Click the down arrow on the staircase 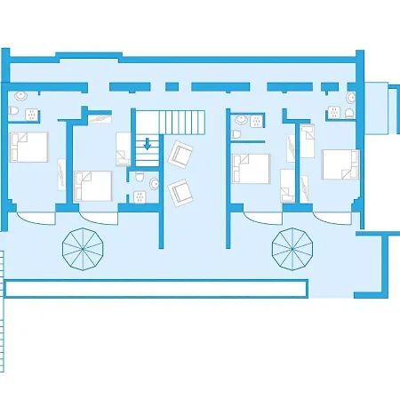click(x=148, y=144)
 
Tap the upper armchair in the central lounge click(x=181, y=155)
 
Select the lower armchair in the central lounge click(x=181, y=189)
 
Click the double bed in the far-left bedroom click(x=28, y=147)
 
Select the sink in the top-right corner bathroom click(x=351, y=97)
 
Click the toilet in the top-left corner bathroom click(x=12, y=110)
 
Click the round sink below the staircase click(x=155, y=185)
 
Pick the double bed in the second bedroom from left click(x=93, y=185)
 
